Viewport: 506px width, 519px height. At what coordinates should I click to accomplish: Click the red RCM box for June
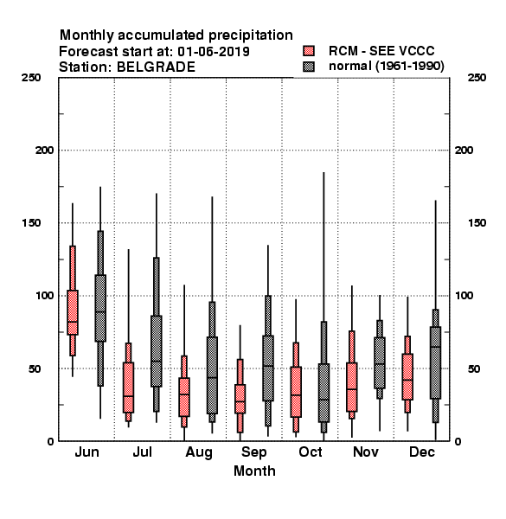(x=73, y=312)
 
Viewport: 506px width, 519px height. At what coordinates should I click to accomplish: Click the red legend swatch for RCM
(x=309, y=51)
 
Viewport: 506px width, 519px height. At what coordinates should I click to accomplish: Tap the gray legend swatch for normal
(x=309, y=67)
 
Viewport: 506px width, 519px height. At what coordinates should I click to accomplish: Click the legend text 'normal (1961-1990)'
(x=386, y=66)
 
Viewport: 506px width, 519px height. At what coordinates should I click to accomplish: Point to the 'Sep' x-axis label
(x=253, y=452)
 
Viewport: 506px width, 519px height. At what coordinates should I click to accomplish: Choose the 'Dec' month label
(x=422, y=452)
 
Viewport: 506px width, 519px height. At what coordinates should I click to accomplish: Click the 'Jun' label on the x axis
(x=86, y=452)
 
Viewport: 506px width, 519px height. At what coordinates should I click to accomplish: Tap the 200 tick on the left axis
(x=44, y=151)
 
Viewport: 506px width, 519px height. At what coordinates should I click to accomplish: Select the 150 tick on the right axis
(x=477, y=223)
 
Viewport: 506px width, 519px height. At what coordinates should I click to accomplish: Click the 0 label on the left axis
(x=50, y=441)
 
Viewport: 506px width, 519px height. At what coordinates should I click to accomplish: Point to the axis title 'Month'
(x=254, y=471)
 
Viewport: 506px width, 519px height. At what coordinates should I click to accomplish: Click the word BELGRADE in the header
(x=156, y=67)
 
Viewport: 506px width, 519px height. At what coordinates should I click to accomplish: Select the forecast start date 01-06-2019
(x=214, y=52)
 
